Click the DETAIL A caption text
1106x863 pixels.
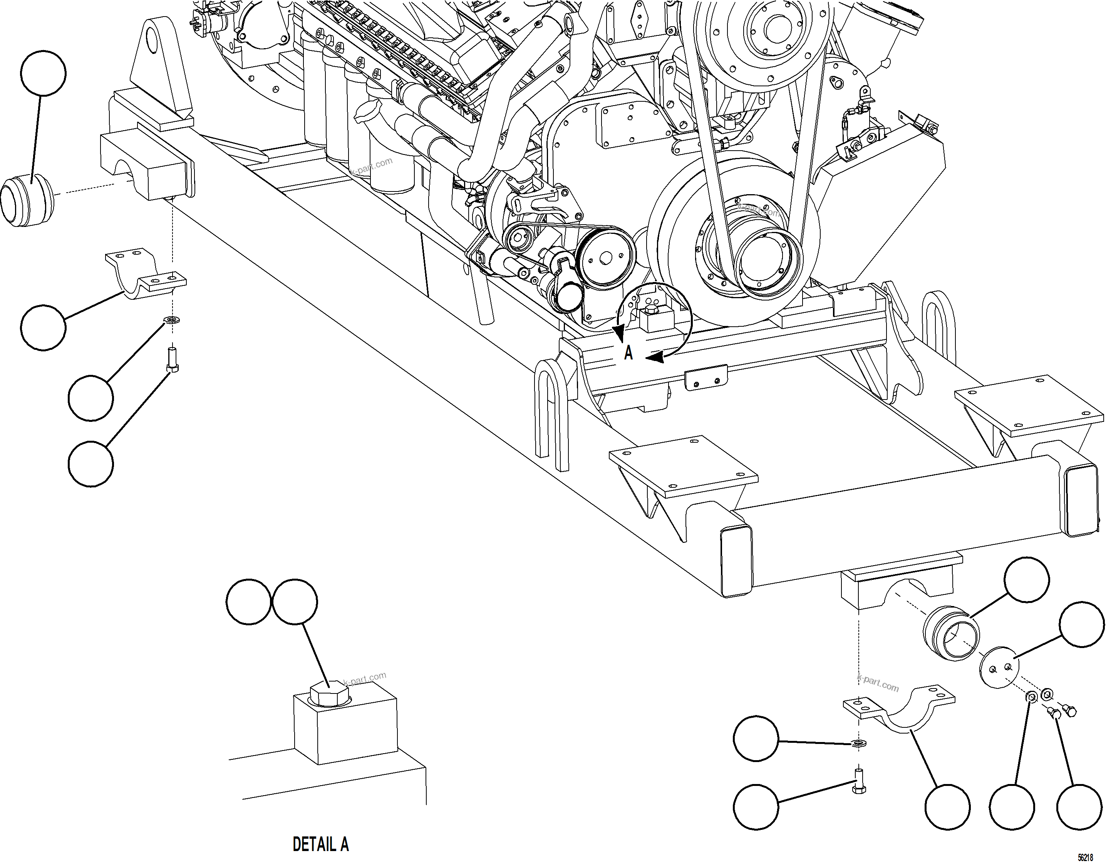pyautogui.click(x=320, y=844)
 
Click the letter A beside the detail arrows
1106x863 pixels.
pyautogui.click(x=628, y=353)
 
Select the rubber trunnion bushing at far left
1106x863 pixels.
pyautogui.click(x=26, y=200)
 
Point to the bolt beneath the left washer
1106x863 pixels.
pyautogui.click(x=173, y=360)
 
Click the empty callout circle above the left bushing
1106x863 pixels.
pyautogui.click(x=44, y=73)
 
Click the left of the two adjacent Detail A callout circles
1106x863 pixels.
pyautogui.click(x=248, y=601)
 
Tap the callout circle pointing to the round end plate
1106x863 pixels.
pyautogui.click(x=1082, y=624)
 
